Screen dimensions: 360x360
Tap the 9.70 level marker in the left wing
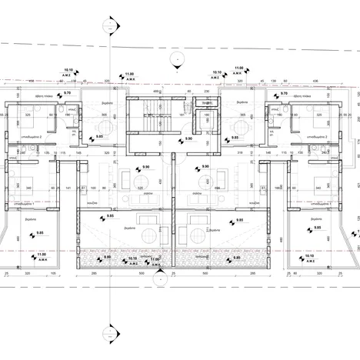pos(67,92)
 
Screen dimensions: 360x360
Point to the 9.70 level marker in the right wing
pos(284,92)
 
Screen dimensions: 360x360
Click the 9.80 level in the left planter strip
pos(108,258)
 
